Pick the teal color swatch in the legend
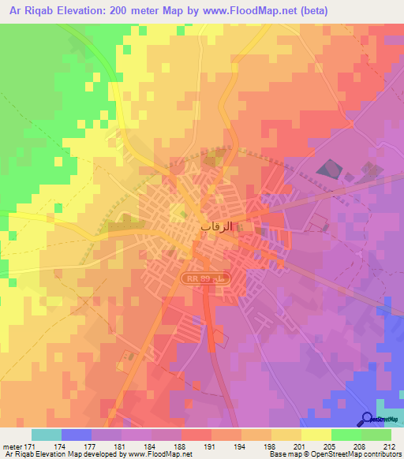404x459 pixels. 47,434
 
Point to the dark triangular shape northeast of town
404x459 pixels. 327,170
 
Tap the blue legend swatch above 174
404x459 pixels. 77,434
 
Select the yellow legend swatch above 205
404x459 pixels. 316,434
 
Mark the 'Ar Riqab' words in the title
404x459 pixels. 31,10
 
